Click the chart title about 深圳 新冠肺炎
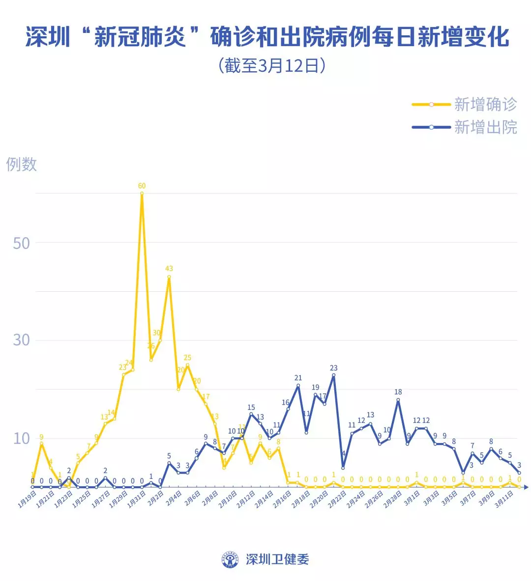[267, 37]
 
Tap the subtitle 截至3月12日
[271, 65]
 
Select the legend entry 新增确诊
[485, 104]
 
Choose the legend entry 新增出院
[485, 127]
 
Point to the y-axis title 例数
[22, 164]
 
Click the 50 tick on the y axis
[21, 243]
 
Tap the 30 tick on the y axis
[21, 340]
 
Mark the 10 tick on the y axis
[21, 438]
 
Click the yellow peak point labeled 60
[142, 194]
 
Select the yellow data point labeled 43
[169, 277]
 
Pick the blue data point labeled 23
[334, 375]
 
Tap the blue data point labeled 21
[297, 385]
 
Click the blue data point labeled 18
[398, 400]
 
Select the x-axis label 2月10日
[228, 500]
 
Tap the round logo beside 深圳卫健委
[231, 559]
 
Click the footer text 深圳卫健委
[277, 559]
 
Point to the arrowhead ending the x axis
[526, 487]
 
